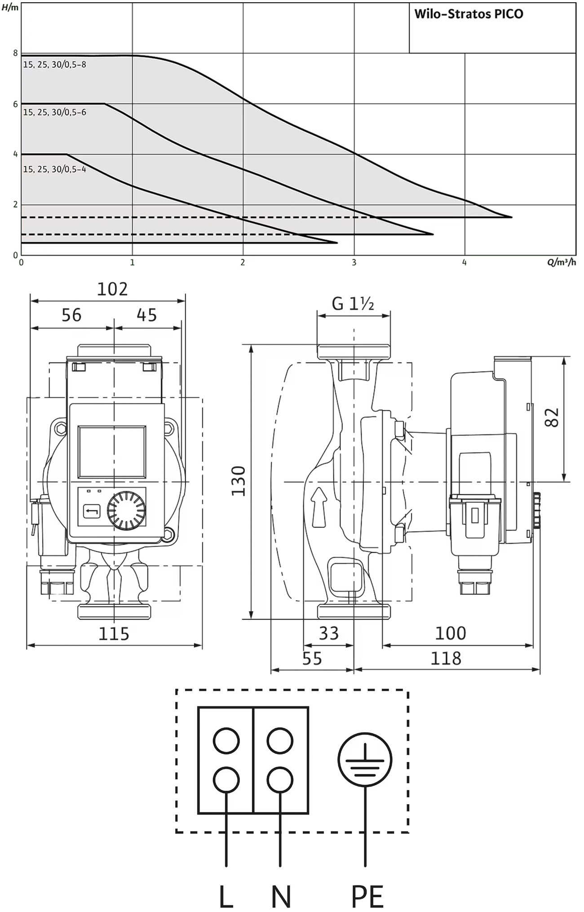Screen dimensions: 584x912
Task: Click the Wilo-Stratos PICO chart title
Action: pyautogui.click(x=469, y=14)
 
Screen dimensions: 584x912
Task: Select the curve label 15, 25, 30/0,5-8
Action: pyautogui.click(x=55, y=65)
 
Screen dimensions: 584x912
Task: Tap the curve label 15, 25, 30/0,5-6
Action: pyautogui.click(x=55, y=112)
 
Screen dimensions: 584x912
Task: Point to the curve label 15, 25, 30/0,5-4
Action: pyautogui.click(x=55, y=169)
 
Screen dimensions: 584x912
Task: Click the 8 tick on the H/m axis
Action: pyautogui.click(x=15, y=53)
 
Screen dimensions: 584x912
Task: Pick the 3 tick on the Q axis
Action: pyautogui.click(x=354, y=262)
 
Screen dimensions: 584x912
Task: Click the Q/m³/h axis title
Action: pyautogui.click(x=561, y=262)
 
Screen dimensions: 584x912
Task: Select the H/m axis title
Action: pyautogui.click(x=10, y=7)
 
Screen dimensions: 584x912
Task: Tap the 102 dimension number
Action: pyautogui.click(x=112, y=289)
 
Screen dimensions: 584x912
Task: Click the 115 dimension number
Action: pyautogui.click(x=114, y=634)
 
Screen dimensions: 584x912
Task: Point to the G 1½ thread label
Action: pyautogui.click(x=353, y=304)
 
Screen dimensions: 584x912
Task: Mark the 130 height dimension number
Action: pyautogui.click(x=239, y=481)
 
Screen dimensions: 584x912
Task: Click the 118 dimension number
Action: pyautogui.click(x=446, y=658)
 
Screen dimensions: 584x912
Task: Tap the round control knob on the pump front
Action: pyautogui.click(x=126, y=510)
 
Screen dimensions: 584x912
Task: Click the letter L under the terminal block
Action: pyautogui.click(x=226, y=897)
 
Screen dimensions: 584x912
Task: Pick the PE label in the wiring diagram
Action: pyautogui.click(x=367, y=897)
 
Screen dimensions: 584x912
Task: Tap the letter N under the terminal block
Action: pyautogui.click(x=281, y=897)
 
